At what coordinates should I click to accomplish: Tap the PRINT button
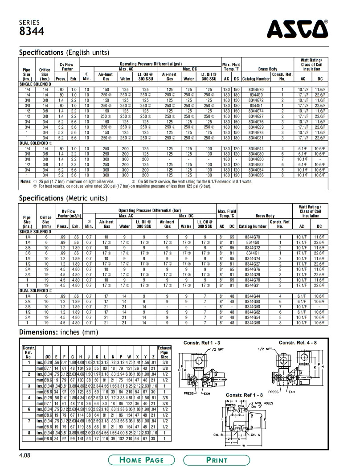pyautogui.click(x=217, y=460)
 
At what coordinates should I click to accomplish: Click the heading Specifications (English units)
pyautogui.click(x=64, y=53)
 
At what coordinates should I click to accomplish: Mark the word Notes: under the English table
pyautogui.click(x=25, y=181)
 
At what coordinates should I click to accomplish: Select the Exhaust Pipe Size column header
pyautogui.click(x=164, y=351)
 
